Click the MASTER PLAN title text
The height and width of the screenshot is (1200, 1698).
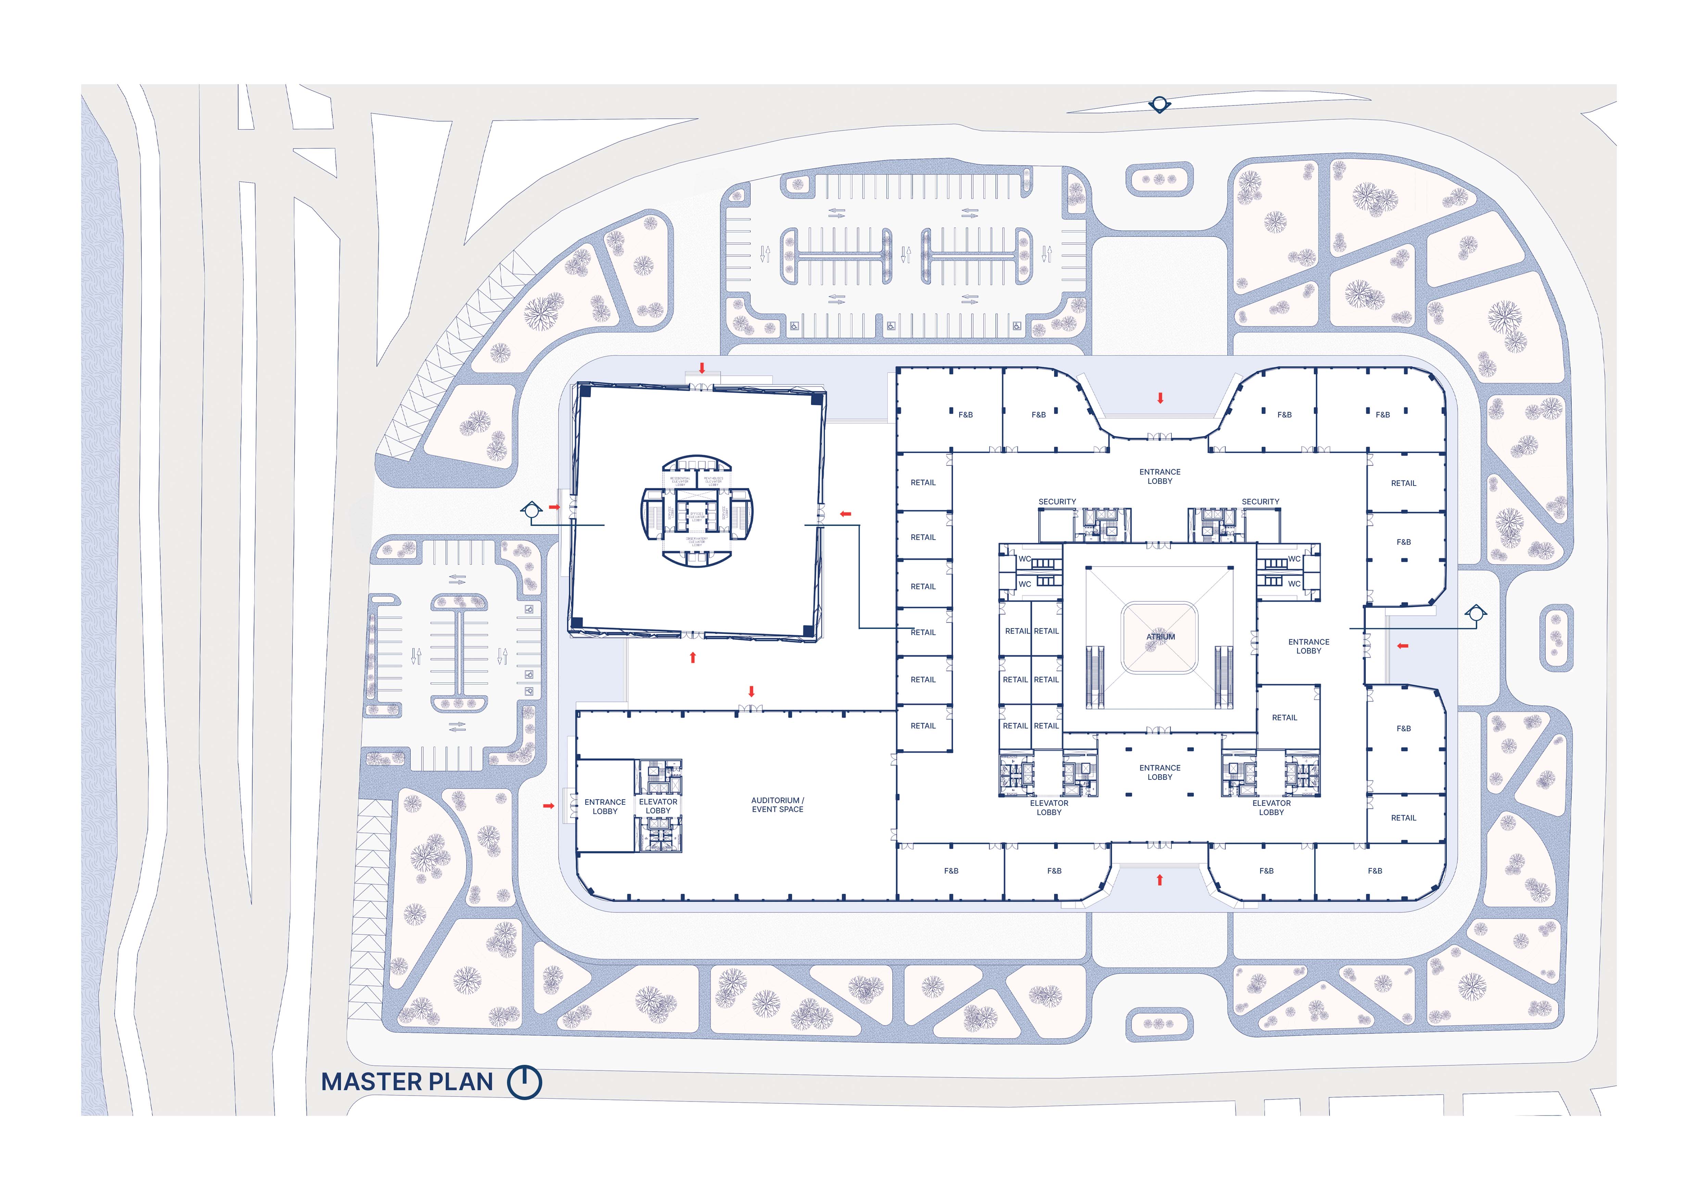click(407, 1082)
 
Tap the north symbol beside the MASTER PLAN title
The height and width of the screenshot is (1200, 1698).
click(524, 1082)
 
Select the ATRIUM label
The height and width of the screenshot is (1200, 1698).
click(1160, 636)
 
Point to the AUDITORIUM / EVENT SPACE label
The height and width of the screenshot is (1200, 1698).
click(777, 804)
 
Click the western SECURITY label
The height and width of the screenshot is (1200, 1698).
click(1057, 501)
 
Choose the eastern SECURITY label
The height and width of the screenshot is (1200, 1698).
click(1260, 501)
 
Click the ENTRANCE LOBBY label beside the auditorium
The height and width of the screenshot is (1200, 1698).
click(605, 806)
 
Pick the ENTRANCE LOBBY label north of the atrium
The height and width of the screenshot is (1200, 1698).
click(1160, 476)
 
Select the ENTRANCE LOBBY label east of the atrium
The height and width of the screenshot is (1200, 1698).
click(1308, 646)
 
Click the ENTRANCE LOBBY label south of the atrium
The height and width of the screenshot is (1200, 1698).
click(1160, 772)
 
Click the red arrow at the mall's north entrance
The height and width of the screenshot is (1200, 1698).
click(1160, 398)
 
